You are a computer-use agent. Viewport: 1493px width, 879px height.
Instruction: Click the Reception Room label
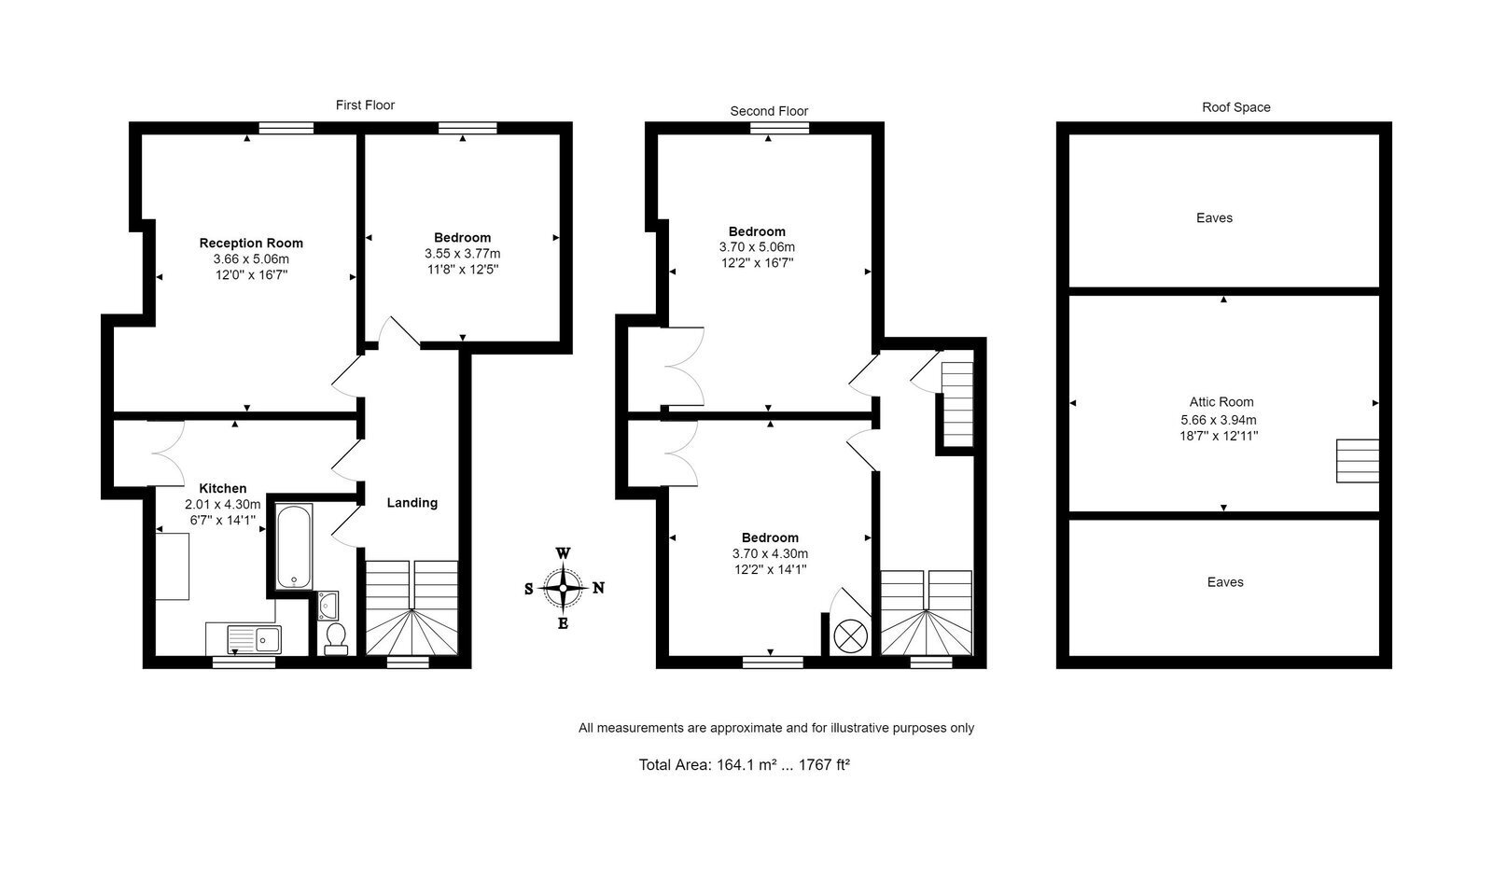(x=251, y=244)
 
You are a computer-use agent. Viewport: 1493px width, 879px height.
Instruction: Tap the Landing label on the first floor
(x=412, y=502)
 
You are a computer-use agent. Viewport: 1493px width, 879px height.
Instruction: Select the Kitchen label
(x=223, y=488)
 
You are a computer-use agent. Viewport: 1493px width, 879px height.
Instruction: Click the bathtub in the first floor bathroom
(x=294, y=547)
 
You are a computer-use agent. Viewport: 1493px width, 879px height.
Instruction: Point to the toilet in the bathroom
(x=335, y=639)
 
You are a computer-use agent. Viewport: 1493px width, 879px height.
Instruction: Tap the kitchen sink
(x=254, y=639)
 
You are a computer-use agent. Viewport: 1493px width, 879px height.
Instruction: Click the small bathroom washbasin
(x=328, y=605)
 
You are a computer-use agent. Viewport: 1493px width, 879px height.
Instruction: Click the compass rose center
(x=564, y=589)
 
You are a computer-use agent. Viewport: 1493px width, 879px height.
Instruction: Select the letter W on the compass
(x=564, y=553)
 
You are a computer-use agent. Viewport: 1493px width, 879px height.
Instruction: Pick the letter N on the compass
(x=598, y=588)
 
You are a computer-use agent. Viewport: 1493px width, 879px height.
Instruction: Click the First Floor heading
(x=365, y=105)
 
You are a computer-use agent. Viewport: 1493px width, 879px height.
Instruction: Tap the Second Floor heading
(x=769, y=111)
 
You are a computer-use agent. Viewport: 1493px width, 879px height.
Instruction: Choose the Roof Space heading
(x=1236, y=107)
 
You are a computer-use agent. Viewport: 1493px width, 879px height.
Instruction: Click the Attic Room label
(x=1221, y=402)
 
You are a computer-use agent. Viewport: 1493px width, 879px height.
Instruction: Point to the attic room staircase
(x=1358, y=460)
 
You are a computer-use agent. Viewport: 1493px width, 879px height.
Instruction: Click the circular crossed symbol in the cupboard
(x=851, y=635)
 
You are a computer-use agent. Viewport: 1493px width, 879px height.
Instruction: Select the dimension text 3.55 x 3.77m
(x=463, y=254)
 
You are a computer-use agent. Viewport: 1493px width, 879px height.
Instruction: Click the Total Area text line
(x=745, y=764)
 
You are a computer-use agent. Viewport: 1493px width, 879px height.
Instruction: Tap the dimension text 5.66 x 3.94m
(x=1219, y=420)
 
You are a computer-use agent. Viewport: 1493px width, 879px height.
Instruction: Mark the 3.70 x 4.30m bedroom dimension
(x=771, y=553)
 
